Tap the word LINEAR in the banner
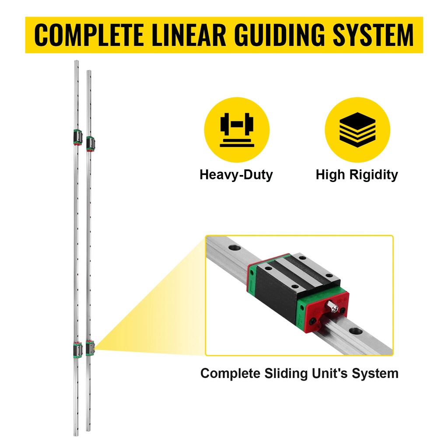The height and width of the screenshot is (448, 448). [x=183, y=35]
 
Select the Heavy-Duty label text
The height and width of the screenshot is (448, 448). [x=236, y=175]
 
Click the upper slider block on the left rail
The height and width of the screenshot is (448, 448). [x=76, y=137]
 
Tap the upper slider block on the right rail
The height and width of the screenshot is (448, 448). [x=90, y=143]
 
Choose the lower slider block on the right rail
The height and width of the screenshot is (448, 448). [x=90, y=348]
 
